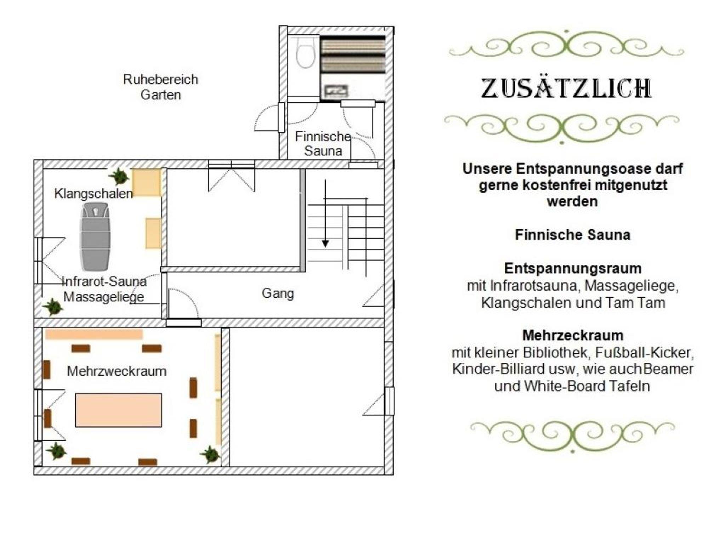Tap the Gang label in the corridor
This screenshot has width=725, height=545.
coord(278,293)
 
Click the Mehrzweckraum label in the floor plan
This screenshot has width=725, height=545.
coord(117,371)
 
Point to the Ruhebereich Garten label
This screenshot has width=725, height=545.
coord(161,87)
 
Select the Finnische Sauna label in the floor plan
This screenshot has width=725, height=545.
coord(323,144)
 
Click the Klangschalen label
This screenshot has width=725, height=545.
coord(93,193)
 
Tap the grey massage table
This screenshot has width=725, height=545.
coord(95,237)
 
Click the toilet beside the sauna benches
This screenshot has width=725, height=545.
coord(305,52)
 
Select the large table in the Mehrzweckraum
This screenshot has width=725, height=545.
coord(119,410)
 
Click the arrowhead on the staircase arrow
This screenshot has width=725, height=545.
coord(325,243)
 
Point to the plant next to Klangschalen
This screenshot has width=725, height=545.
coord(119,176)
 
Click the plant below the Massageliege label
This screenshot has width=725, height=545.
coord(53,307)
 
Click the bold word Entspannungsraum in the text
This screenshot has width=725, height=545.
coord(573,268)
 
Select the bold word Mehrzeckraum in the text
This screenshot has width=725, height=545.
coord(573,335)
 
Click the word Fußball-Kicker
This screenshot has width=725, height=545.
coord(644,353)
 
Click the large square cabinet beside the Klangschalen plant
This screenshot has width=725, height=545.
coord(147,182)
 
